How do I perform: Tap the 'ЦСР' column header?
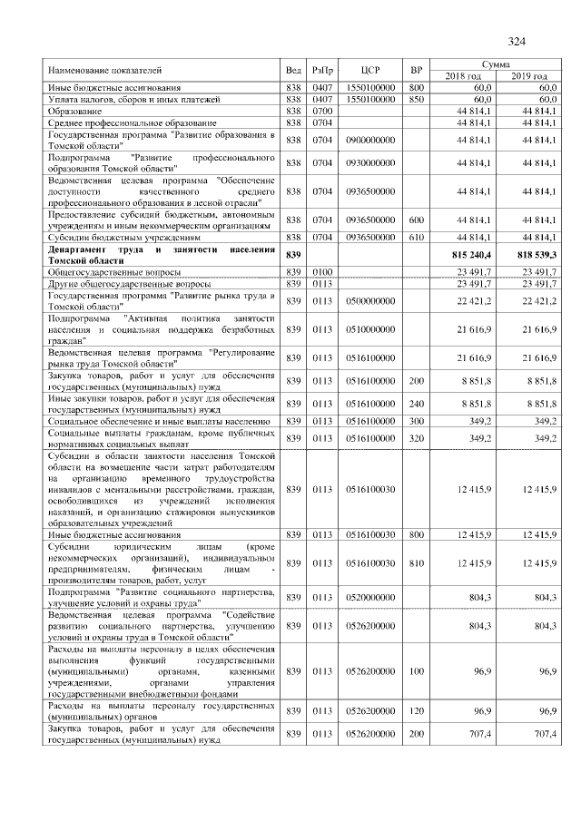click(369, 70)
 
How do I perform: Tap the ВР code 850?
click(417, 98)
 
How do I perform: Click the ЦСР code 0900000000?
click(369, 140)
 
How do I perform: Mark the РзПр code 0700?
click(322, 110)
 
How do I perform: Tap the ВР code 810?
click(417, 563)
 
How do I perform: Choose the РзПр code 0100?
click(322, 271)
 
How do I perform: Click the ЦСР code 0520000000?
click(369, 598)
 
